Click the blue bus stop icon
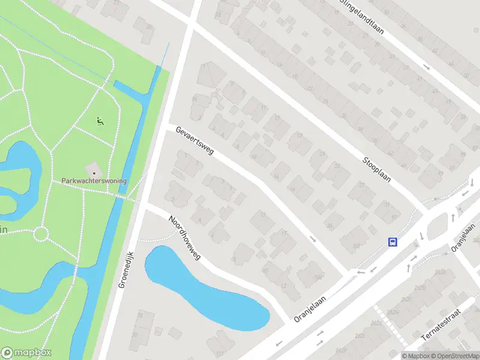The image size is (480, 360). (x=392, y=242)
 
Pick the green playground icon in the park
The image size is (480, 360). (x=100, y=121)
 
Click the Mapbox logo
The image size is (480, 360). (x=26, y=352)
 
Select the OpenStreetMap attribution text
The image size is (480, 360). (x=454, y=356)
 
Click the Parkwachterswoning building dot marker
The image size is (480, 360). (x=94, y=173)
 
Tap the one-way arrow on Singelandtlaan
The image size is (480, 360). (x=427, y=67)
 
